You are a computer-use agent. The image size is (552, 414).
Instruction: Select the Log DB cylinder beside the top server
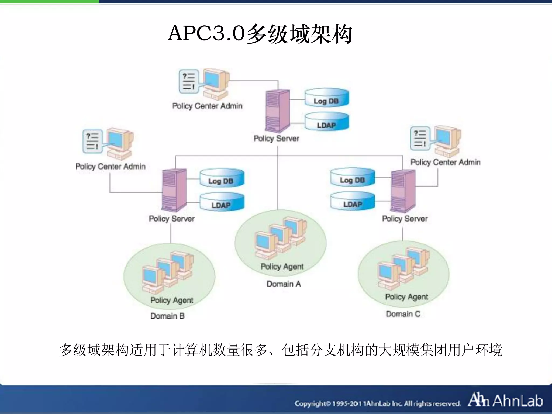click(x=327, y=98)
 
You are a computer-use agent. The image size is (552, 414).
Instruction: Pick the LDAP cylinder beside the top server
click(x=327, y=122)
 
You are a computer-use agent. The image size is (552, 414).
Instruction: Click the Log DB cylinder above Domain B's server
click(x=222, y=178)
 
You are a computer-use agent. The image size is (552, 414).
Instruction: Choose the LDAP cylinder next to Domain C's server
click(x=353, y=201)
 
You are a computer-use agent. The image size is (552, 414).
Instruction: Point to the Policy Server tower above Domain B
click(x=174, y=190)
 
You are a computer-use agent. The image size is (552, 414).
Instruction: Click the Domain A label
click(x=284, y=284)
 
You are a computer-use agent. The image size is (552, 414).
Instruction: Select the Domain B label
click(x=167, y=316)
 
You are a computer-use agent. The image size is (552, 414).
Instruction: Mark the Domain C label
click(x=403, y=314)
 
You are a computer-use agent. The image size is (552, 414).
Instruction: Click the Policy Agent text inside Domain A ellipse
click(x=282, y=266)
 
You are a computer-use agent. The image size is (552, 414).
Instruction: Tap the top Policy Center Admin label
click(x=207, y=106)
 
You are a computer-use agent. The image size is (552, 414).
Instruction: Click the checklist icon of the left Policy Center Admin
click(x=92, y=141)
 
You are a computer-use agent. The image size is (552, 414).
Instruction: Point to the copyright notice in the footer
click(x=377, y=403)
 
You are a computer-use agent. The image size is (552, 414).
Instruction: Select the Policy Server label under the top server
click(x=276, y=138)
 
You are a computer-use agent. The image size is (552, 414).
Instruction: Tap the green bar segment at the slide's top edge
click(x=49, y=1)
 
